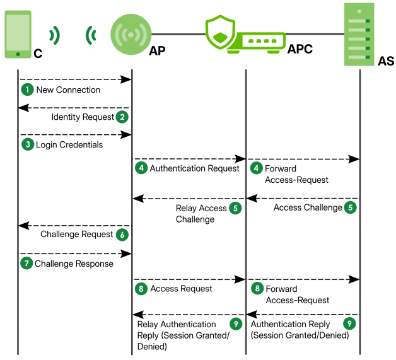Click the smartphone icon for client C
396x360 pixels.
[18, 32]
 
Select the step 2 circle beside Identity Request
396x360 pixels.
[122, 117]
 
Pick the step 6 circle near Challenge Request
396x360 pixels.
[122, 235]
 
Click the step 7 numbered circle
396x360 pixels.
[26, 263]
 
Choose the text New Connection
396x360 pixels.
[68, 90]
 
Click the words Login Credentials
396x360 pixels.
[69, 144]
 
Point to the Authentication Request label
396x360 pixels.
[194, 168]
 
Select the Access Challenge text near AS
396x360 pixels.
[307, 207]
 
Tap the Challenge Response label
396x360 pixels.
[74, 263]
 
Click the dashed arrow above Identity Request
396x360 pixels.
[74, 108]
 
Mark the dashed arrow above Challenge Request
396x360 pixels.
[74, 225]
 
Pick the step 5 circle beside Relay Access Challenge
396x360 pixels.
[235, 208]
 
